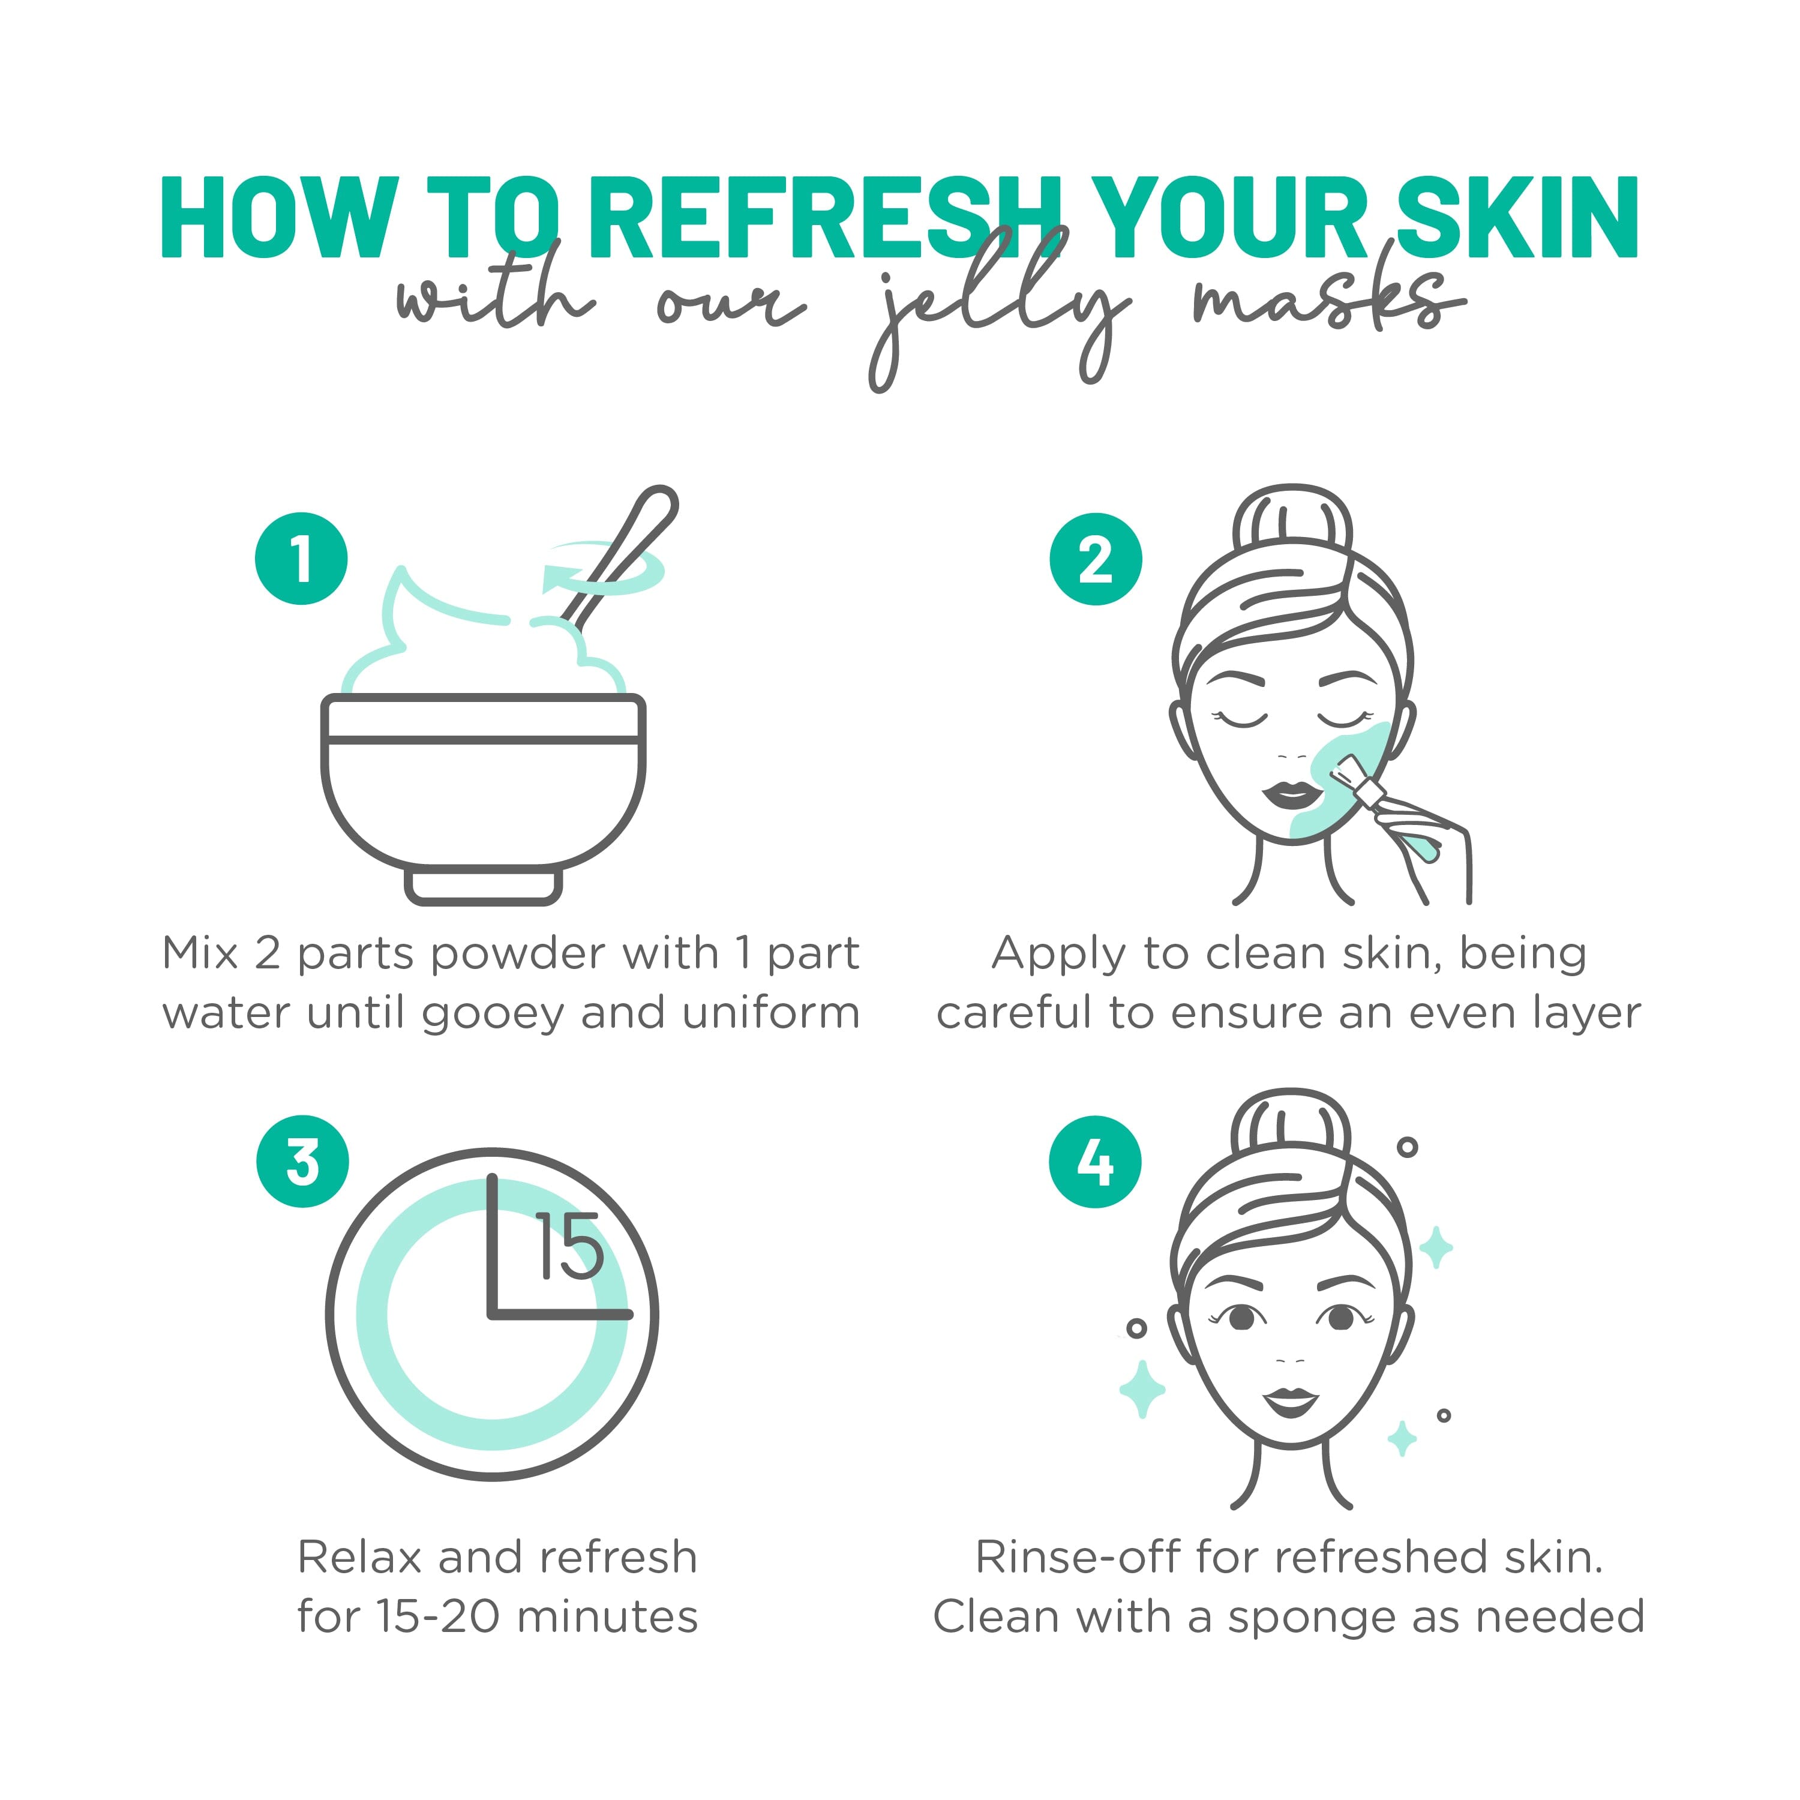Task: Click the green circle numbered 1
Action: [301, 559]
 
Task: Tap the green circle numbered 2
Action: [1096, 559]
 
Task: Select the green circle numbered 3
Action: [303, 1162]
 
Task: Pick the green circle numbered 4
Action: [1096, 1162]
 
